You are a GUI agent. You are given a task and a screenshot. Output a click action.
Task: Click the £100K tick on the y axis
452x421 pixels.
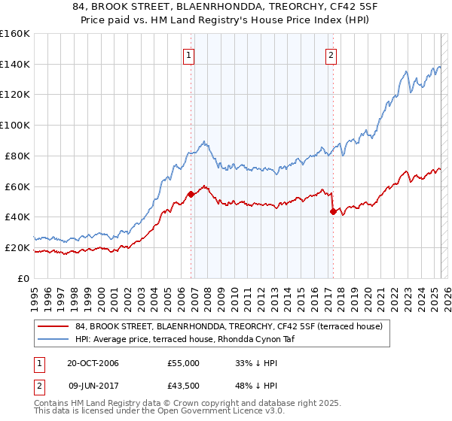click(x=15, y=125)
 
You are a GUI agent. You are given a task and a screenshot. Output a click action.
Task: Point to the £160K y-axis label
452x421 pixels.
click(x=15, y=34)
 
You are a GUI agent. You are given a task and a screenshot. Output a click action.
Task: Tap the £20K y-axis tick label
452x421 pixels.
click(x=17, y=247)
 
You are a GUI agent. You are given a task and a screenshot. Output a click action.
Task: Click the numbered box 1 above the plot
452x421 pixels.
click(x=188, y=54)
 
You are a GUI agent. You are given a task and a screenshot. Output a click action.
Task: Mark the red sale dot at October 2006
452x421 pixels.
click(x=191, y=194)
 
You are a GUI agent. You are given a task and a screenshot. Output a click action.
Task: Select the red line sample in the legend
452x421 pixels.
click(x=53, y=326)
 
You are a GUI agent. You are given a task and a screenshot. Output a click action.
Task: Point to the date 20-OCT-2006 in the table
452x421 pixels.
click(x=93, y=364)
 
